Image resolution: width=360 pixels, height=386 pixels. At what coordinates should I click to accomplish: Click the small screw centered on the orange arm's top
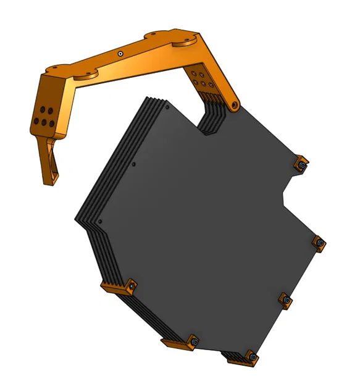(x=119, y=54)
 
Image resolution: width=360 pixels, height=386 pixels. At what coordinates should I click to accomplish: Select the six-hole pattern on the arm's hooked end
(x=43, y=115)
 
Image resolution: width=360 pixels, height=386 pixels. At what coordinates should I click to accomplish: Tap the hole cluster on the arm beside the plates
(x=201, y=80)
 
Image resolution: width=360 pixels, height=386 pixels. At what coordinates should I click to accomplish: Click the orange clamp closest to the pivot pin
(x=301, y=165)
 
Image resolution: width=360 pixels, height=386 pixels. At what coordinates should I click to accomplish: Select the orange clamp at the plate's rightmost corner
(x=319, y=243)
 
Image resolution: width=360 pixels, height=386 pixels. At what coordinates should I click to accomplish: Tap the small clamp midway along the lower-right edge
(x=285, y=300)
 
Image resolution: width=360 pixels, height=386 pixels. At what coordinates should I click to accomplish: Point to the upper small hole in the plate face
(x=134, y=165)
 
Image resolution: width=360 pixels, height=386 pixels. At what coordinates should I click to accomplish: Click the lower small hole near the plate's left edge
(x=101, y=221)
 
